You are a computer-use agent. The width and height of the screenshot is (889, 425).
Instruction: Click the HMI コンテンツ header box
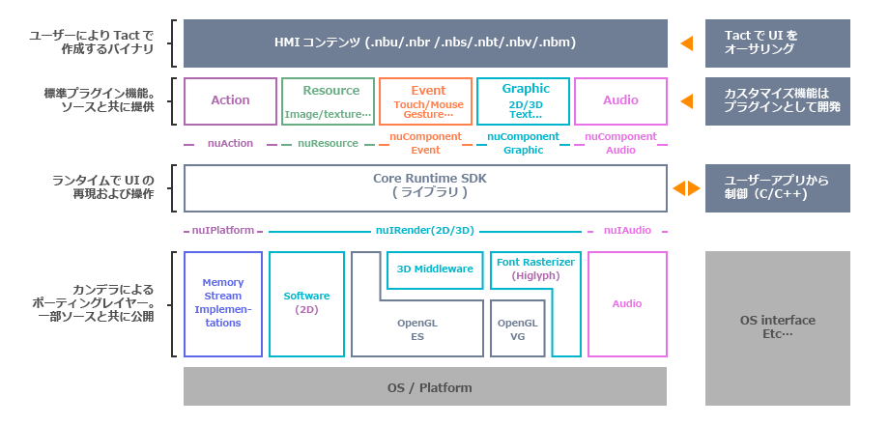pyautogui.click(x=425, y=43)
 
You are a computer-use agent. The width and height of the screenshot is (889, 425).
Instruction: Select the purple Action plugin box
pyautogui.click(x=230, y=100)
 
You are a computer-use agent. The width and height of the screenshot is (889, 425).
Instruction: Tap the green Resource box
pyautogui.click(x=328, y=100)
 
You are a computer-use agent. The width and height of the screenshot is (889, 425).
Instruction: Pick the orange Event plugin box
pyautogui.click(x=425, y=100)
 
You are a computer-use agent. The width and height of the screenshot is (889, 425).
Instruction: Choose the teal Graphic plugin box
pyautogui.click(x=523, y=100)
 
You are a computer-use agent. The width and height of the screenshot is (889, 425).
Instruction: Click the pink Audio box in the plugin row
pyautogui.click(x=620, y=100)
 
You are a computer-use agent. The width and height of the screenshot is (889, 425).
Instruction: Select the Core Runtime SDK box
pyautogui.click(x=425, y=187)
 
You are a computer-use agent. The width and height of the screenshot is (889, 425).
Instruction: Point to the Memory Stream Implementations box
pyautogui.click(x=223, y=303)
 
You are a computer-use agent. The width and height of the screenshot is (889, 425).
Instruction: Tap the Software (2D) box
pyautogui.click(x=306, y=303)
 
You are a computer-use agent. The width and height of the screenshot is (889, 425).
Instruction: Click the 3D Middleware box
pyautogui.click(x=436, y=269)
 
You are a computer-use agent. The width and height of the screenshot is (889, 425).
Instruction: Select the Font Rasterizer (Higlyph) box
pyautogui.click(x=535, y=269)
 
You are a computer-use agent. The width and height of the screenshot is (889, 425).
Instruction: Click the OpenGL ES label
pyautogui.click(x=417, y=329)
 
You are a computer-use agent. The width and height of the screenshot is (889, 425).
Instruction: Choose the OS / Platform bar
pyautogui.click(x=425, y=387)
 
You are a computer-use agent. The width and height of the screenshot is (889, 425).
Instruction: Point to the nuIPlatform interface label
pyautogui.click(x=222, y=231)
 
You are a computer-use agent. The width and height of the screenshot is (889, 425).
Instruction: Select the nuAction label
pyautogui.click(x=230, y=143)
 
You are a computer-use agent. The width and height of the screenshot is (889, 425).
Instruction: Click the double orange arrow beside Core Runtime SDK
pyautogui.click(x=687, y=188)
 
